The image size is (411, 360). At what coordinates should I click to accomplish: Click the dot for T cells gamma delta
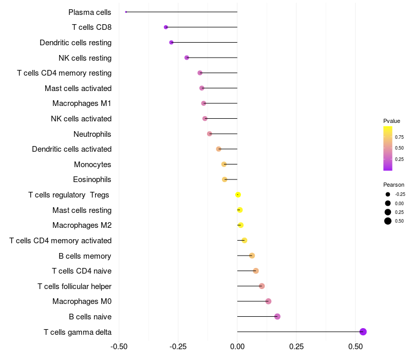[363, 332]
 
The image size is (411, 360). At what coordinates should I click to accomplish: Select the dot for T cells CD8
[165, 27]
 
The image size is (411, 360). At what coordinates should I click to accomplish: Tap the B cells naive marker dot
[277, 316]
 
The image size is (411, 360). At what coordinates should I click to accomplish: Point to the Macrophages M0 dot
[268, 301]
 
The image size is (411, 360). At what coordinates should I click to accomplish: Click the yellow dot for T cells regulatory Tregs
[238, 195]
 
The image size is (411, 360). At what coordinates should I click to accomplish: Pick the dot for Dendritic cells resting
[171, 42]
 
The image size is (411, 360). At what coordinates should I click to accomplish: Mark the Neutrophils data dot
[210, 134]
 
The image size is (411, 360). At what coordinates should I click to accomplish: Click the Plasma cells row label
[90, 12]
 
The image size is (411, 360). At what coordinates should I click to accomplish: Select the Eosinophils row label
[92, 179]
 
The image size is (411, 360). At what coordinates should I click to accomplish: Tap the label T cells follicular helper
[74, 286]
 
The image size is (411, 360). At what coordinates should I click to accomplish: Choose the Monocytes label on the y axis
[92, 165]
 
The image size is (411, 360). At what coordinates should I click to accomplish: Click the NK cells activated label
[81, 119]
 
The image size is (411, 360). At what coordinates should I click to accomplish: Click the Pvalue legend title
[391, 121]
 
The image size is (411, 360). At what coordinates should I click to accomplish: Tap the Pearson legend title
[394, 185]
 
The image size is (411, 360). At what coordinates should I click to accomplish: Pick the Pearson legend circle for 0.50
[387, 221]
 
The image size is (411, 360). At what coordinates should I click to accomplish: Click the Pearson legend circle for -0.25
[387, 194]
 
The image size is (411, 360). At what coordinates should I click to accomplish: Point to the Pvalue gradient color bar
[388, 148]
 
